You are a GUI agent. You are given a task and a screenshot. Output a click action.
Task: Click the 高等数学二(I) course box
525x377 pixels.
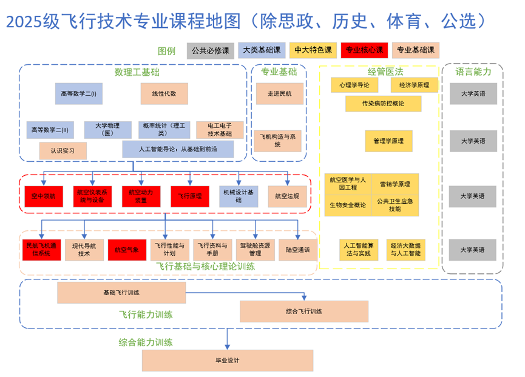pos(78,94)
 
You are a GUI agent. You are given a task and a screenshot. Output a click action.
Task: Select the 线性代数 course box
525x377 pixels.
pos(164,94)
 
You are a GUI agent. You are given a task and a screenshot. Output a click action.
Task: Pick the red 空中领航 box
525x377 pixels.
pos(43,196)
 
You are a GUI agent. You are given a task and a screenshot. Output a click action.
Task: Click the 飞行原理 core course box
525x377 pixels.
pos(190,196)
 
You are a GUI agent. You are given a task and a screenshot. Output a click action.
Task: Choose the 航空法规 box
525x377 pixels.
pos(287,196)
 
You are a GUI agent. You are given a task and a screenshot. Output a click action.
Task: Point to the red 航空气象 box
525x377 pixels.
pos(127,250)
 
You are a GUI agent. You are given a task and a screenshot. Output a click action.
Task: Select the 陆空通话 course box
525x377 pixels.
pos(298,250)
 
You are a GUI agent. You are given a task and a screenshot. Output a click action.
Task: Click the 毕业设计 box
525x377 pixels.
pos(228,361)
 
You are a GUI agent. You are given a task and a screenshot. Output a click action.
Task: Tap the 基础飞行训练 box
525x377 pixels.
pos(121,292)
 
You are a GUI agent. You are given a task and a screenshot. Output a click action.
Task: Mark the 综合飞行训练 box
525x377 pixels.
pos(304,312)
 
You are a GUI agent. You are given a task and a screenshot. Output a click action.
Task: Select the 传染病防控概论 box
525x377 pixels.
pos(383,104)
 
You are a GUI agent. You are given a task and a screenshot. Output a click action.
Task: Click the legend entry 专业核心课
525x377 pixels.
pos(364,50)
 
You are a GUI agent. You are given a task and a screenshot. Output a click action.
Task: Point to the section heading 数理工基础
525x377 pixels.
pos(137,72)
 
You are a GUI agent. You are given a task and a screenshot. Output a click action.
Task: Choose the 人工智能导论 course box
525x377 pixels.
pos(178,149)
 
